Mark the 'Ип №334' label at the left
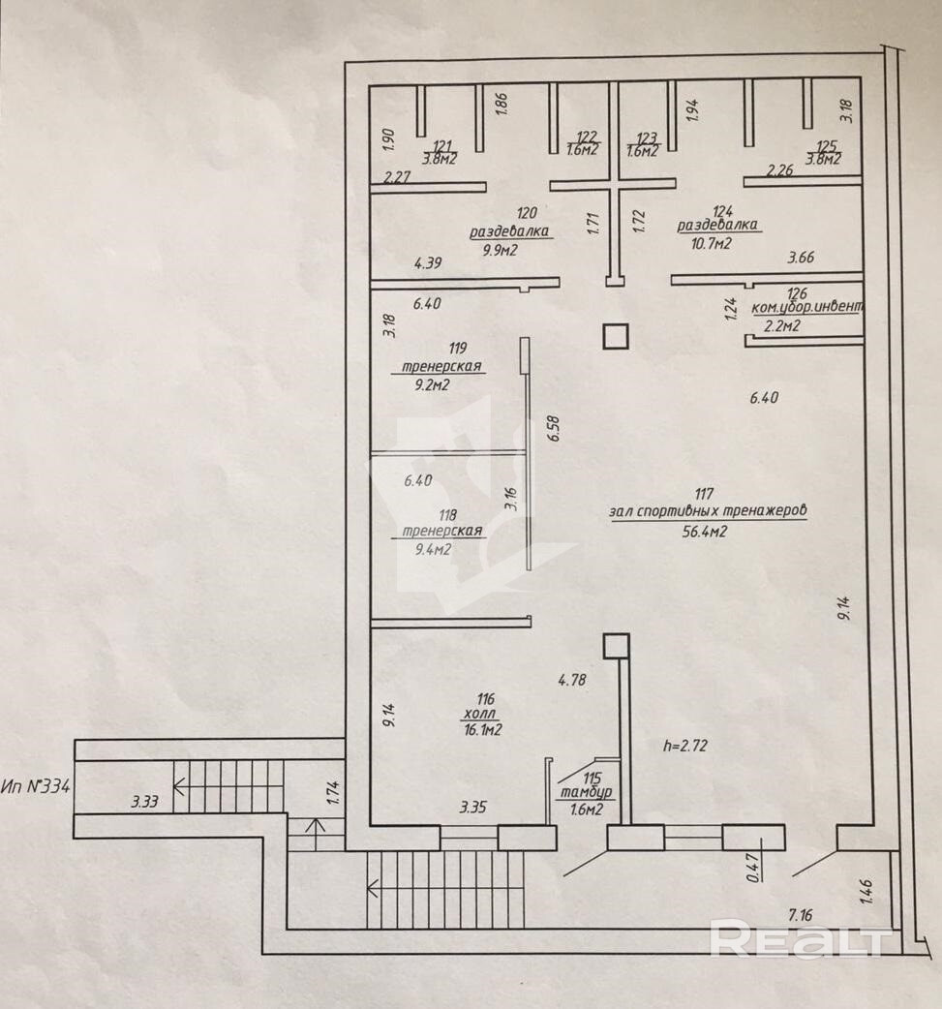click(x=36, y=785)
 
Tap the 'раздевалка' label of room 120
click(x=509, y=232)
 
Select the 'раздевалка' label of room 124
click(x=718, y=226)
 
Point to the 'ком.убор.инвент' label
click(x=806, y=308)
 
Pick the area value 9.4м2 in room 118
click(x=433, y=549)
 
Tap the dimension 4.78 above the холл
click(x=573, y=680)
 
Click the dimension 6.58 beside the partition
click(x=553, y=428)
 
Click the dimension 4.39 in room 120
click(x=428, y=262)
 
